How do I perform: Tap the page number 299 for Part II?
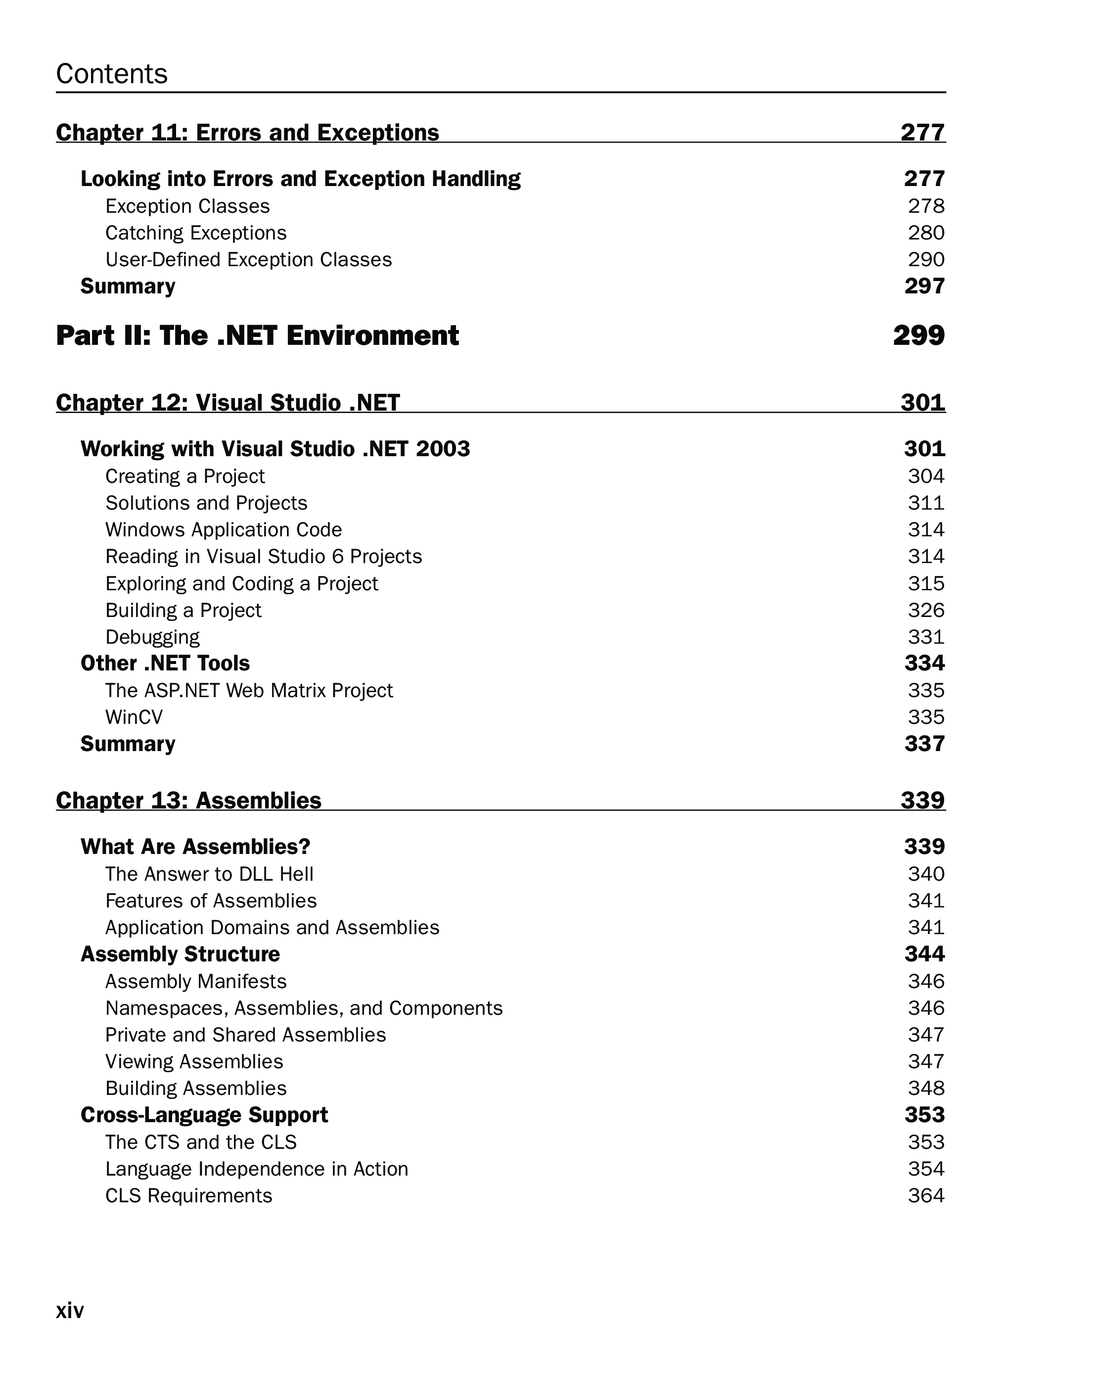(918, 335)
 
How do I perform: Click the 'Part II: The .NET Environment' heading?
(257, 335)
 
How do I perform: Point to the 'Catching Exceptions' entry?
(195, 233)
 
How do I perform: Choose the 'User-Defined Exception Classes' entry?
(248, 260)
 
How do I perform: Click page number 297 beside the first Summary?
(924, 286)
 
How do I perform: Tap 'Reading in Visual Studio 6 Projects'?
(264, 557)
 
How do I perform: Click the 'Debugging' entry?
(152, 637)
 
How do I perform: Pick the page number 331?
(926, 637)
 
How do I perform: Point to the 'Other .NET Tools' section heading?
(165, 663)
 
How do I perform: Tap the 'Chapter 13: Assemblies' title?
(188, 801)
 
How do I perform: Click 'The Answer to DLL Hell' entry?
(209, 874)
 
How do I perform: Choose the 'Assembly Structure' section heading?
(180, 954)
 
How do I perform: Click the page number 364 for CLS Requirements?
(926, 1195)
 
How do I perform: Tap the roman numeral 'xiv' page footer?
(70, 1311)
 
